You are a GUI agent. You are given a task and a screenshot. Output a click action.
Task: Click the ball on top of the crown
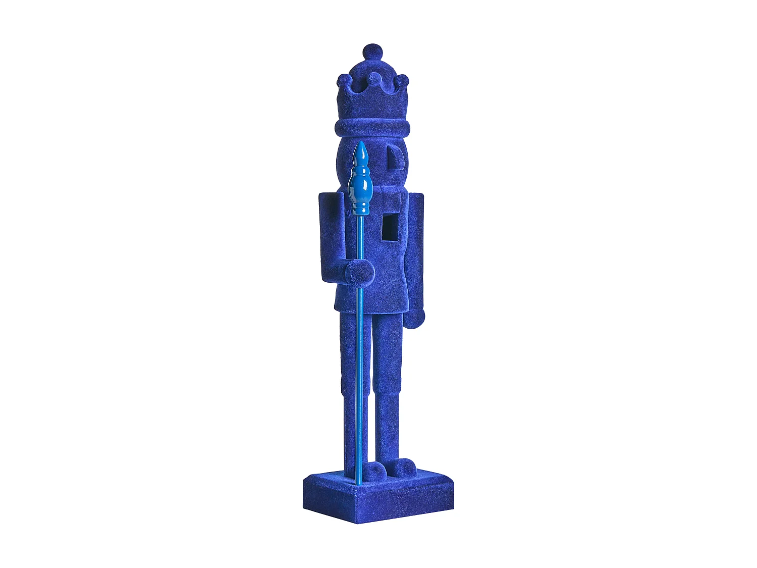(372, 52)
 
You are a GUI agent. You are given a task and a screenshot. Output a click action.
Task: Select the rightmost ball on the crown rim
(402, 81)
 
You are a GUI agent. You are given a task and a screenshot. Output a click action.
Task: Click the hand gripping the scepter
(359, 273)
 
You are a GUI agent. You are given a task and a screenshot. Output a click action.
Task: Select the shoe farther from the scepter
(404, 468)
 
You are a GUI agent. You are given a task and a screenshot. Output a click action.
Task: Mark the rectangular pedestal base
(379, 497)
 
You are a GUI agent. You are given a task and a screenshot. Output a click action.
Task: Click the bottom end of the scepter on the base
(359, 482)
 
